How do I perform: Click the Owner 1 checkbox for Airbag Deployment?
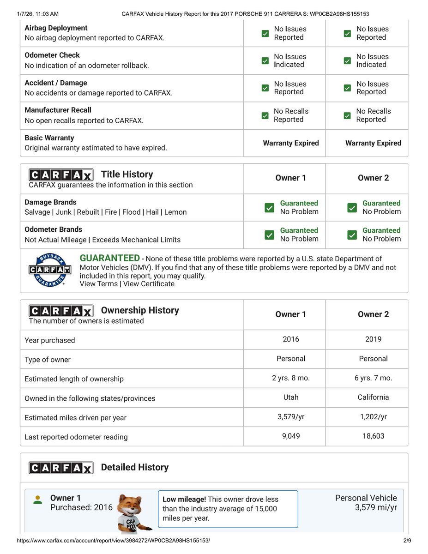[265, 33]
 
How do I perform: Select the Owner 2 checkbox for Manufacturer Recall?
[347, 115]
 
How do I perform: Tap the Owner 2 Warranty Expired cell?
[373, 143]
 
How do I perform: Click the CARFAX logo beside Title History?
[61, 175]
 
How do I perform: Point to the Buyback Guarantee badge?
[50, 271]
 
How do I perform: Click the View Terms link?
[98, 284]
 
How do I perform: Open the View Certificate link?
[149, 284]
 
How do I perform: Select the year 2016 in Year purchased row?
[291, 339]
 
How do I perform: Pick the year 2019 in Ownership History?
[373, 339]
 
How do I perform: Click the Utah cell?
[291, 397]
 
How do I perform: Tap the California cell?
[373, 397]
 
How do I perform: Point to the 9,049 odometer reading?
[291, 436]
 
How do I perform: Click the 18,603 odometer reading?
[373, 436]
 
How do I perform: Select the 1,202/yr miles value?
[373, 417]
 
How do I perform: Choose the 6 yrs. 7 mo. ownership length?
[373, 378]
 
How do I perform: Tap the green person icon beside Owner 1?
[38, 500]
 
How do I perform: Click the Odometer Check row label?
[52, 55]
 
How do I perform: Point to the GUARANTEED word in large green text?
[109, 258]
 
